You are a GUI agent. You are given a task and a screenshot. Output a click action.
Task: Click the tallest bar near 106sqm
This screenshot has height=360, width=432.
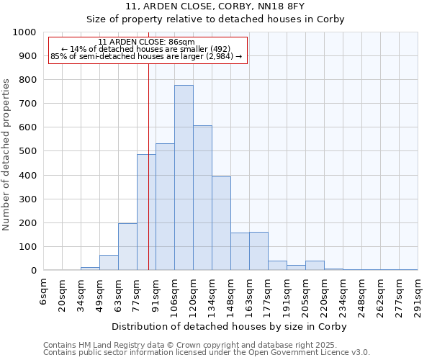(x=184, y=178)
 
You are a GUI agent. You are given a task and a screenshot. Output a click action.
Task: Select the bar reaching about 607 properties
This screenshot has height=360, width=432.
(x=202, y=198)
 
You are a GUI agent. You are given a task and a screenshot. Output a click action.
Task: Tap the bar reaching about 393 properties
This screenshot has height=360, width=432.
(x=221, y=223)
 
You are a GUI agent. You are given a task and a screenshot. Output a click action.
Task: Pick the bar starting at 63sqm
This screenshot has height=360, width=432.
(x=127, y=247)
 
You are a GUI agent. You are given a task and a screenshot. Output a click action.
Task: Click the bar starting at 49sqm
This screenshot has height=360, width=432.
(x=109, y=263)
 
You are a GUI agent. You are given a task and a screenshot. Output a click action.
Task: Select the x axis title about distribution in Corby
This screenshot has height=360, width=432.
(x=229, y=326)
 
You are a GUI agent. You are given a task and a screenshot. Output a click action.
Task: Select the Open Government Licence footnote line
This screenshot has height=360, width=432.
(x=207, y=353)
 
